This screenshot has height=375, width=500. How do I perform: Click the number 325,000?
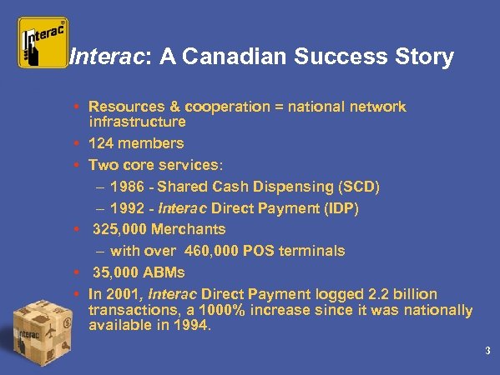(121, 229)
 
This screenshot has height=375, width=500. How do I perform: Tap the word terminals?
(314, 251)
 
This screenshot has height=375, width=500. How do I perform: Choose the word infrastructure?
(137, 121)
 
